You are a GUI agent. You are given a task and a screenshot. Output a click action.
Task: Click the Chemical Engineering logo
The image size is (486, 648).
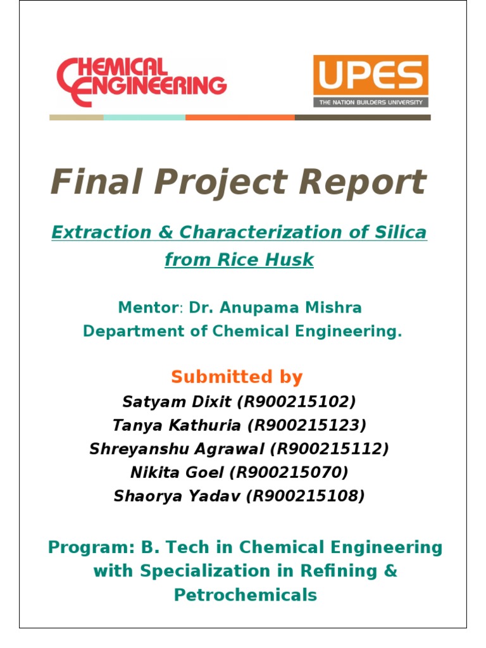(x=141, y=81)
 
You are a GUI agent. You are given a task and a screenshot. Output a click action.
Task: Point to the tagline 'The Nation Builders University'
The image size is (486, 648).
(x=371, y=102)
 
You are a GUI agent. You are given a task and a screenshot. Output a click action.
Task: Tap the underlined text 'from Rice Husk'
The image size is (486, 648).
(x=239, y=259)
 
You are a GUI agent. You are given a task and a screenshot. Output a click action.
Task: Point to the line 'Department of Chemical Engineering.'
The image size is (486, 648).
(x=242, y=332)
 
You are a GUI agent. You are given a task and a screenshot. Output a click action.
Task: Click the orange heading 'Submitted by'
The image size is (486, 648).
(x=237, y=377)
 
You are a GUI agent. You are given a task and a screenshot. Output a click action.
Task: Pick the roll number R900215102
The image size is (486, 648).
(x=303, y=401)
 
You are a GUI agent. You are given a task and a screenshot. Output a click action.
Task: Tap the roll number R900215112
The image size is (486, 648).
(x=330, y=449)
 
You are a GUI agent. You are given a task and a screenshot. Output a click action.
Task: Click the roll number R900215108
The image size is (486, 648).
(x=308, y=496)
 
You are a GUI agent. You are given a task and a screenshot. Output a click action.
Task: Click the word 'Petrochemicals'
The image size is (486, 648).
(x=246, y=595)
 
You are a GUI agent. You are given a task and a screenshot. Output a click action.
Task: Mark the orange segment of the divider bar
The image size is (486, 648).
(x=240, y=117)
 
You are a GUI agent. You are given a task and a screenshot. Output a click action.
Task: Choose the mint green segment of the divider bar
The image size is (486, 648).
(x=144, y=117)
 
